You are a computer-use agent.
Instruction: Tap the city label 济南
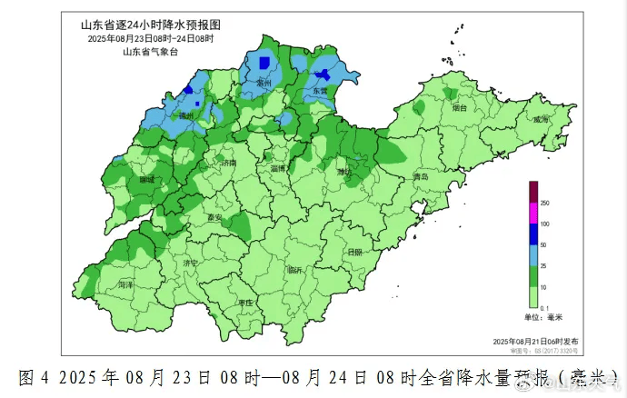[226, 163]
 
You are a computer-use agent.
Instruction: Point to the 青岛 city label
[419, 176]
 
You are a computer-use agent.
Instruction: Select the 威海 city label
[542, 119]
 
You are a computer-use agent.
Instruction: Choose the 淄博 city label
[278, 168]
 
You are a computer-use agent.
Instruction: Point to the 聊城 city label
[147, 180]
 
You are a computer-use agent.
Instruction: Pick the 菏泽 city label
[124, 284]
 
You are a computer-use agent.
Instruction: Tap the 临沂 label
[295, 270]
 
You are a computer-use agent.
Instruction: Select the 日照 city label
[354, 252]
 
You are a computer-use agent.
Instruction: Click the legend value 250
[545, 202]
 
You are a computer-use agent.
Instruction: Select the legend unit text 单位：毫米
[542, 316]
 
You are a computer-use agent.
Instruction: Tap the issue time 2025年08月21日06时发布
[534, 339]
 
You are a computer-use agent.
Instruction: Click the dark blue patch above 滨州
[264, 63]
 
